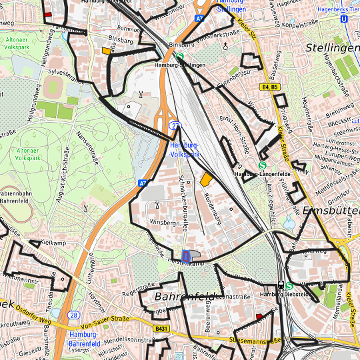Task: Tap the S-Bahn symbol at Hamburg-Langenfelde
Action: coord(263,166)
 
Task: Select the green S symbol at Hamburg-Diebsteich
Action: coord(289,285)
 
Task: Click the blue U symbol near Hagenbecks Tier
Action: coord(343,19)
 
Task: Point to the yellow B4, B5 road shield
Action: coord(270,87)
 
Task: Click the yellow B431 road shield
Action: coord(161,329)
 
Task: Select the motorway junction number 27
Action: coord(175,125)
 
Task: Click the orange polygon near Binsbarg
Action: coord(106,50)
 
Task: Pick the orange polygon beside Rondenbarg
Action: coord(206,179)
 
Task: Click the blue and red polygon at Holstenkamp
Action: coord(186,255)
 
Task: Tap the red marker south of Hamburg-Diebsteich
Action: coord(259,308)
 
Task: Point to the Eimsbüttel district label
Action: coord(330,210)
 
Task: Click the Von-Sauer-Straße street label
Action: coord(105,319)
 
